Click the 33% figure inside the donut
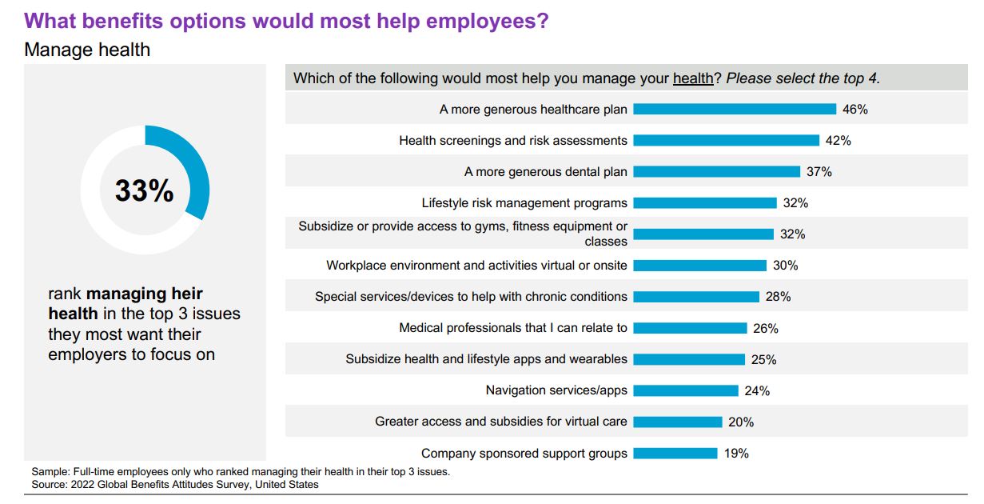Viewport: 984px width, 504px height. (x=145, y=190)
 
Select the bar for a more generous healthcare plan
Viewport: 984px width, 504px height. (x=735, y=110)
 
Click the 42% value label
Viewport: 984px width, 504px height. (x=839, y=141)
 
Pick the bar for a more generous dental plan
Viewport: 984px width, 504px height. (x=717, y=172)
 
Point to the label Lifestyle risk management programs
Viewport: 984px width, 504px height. (x=524, y=203)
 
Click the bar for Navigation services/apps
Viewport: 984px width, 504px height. (x=686, y=391)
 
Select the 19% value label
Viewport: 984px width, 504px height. (x=736, y=454)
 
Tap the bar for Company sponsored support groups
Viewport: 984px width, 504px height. (x=675, y=454)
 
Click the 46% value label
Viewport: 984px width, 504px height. (x=855, y=110)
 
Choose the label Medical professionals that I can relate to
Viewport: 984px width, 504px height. (x=513, y=328)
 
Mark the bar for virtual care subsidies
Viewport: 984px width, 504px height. (x=678, y=422)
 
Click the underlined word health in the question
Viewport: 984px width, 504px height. (x=693, y=78)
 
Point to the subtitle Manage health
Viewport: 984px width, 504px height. (x=87, y=50)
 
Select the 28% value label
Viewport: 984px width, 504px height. (x=778, y=297)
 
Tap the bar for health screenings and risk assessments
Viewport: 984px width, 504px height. (x=727, y=141)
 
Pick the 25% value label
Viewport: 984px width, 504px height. (x=763, y=360)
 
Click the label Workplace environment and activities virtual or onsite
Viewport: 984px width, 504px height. (x=476, y=266)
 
